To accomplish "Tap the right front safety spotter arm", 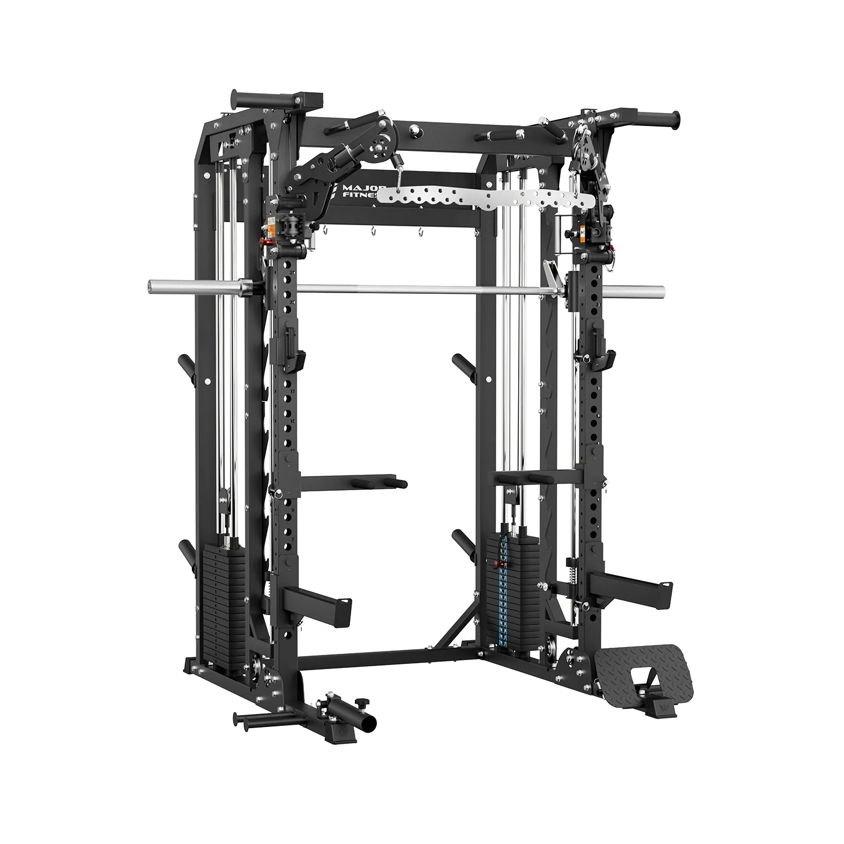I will click(630, 588).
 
